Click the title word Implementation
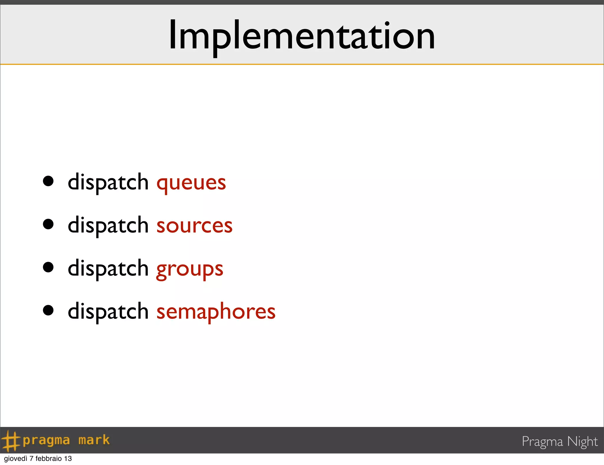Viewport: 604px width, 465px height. point(301,35)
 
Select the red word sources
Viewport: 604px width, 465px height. point(194,226)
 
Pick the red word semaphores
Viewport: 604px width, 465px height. point(216,312)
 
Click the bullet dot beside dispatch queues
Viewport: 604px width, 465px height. point(48,181)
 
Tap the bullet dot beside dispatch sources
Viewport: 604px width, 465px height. point(48,224)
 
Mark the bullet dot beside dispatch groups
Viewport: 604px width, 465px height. point(48,267)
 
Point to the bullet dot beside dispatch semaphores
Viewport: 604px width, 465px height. point(48,310)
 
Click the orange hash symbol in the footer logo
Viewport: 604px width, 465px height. point(11,441)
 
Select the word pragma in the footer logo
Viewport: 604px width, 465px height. point(46,441)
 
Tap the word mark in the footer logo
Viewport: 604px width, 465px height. point(94,440)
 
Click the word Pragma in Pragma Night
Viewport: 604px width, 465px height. point(542,442)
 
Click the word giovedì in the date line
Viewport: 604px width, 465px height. point(16,459)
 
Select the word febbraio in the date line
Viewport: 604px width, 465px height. point(49,459)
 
